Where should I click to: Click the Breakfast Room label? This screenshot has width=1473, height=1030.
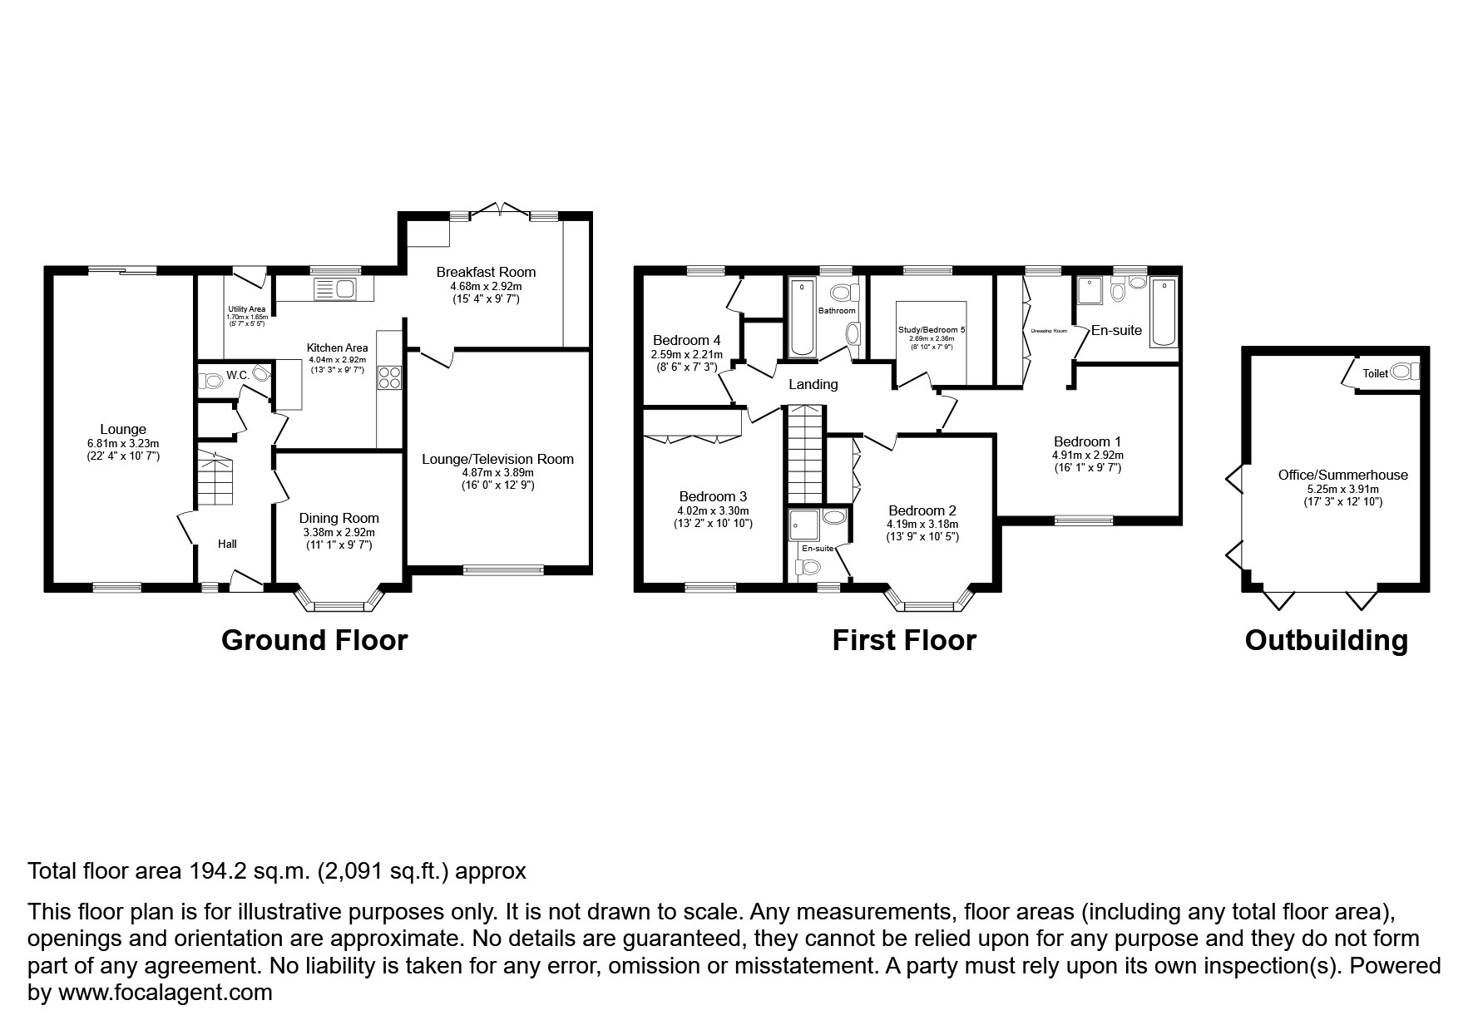[486, 272]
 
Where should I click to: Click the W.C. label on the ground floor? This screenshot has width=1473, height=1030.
[238, 375]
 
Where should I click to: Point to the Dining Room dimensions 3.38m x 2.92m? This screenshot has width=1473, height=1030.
[338, 533]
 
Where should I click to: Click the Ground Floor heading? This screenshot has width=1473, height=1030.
[314, 640]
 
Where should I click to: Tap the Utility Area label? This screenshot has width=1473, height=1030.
[246, 309]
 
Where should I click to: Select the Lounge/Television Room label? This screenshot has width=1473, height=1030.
[497, 459]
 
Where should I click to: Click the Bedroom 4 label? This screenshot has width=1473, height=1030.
[686, 340]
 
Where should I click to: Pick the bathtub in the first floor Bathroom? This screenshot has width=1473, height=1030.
[803, 318]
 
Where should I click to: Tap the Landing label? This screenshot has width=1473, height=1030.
[813, 384]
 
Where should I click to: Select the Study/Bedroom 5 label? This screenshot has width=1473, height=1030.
[932, 330]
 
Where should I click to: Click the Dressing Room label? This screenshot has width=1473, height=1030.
[1048, 331]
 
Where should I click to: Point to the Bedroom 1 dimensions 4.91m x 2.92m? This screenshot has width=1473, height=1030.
[1087, 456]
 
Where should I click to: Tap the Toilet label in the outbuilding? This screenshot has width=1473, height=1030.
[1375, 374]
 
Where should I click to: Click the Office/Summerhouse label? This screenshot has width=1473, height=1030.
[1342, 475]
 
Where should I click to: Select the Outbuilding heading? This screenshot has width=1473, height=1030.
[1326, 640]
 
